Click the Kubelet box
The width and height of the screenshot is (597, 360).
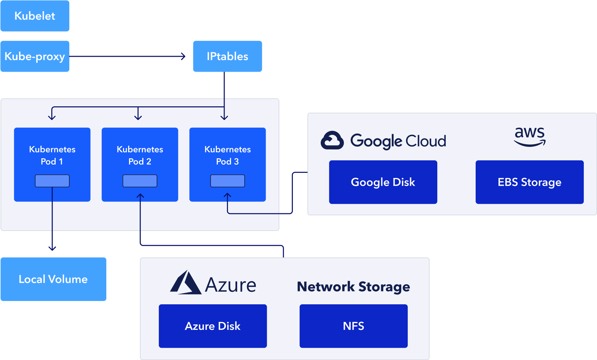click(35, 16)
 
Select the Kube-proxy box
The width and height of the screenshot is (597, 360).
click(35, 56)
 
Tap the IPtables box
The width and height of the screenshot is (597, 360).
click(227, 56)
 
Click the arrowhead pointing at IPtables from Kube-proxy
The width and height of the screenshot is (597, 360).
click(184, 56)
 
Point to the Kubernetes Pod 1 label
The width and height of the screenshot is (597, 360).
click(52, 155)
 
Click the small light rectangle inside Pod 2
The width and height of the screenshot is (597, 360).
click(140, 181)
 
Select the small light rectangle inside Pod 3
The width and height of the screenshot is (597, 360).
click(227, 181)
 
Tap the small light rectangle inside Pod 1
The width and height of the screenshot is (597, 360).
click(52, 181)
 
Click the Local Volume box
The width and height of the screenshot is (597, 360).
click(53, 279)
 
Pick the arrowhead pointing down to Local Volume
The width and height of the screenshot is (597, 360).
click(52, 248)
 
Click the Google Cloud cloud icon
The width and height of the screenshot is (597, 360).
click(332, 140)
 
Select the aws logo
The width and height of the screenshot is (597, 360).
click(529, 137)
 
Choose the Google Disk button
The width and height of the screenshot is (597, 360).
click(383, 182)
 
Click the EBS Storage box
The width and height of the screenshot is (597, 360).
click(529, 182)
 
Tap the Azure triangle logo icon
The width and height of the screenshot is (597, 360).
click(186, 283)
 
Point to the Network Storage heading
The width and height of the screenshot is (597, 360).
click(353, 287)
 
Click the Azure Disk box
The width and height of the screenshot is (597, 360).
click(213, 326)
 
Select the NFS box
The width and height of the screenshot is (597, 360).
click(353, 326)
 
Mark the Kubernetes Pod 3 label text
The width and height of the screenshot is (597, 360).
click(227, 155)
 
